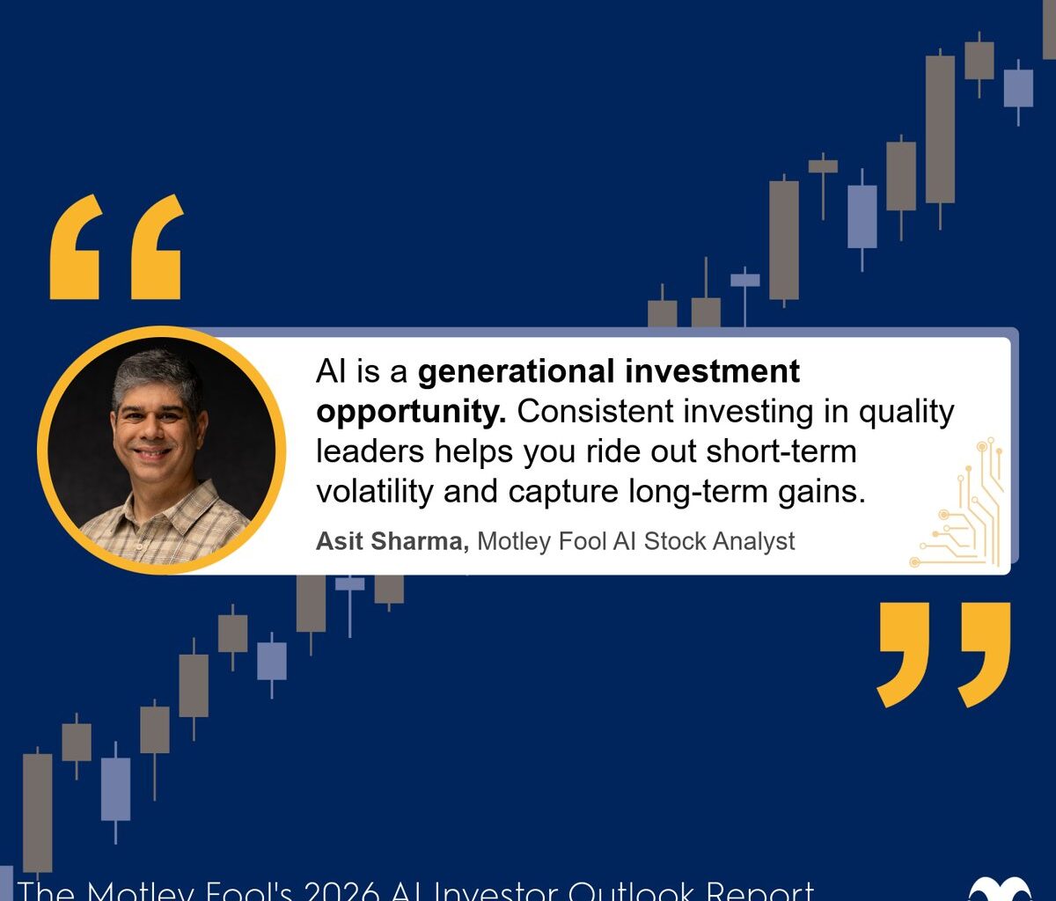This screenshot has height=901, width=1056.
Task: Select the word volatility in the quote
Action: coord(374,491)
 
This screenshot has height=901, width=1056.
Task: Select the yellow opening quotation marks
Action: coord(116,248)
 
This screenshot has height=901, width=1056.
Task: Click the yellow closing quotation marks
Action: coord(943,654)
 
